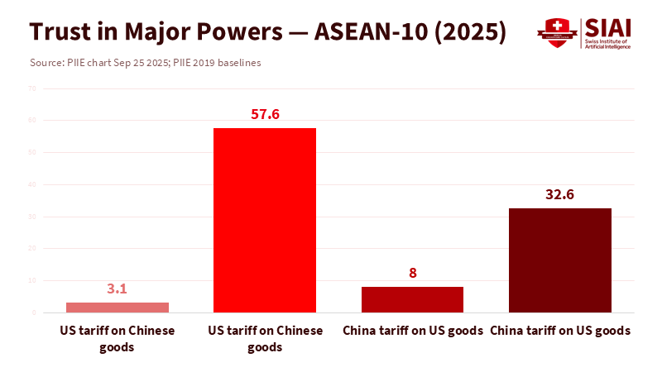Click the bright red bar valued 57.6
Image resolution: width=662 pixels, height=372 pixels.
pos(265,220)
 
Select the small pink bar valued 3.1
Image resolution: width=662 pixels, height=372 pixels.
pos(118,308)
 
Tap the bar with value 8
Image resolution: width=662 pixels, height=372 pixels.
pos(412,299)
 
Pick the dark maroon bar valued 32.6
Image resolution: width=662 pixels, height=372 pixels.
pos(560,260)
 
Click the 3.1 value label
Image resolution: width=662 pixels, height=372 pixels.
pos(118,289)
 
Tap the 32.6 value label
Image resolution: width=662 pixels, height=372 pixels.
pos(560,195)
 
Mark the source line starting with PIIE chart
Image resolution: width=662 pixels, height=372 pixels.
pos(145,63)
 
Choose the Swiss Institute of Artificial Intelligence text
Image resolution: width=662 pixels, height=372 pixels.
pos(607,45)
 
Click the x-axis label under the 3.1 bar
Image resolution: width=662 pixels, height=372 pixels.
pos(118,339)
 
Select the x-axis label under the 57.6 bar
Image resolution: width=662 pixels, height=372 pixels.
pos(265,339)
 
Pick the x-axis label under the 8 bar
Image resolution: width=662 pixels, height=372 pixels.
pos(412,331)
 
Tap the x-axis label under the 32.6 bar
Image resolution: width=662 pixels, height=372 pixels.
pos(560,331)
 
